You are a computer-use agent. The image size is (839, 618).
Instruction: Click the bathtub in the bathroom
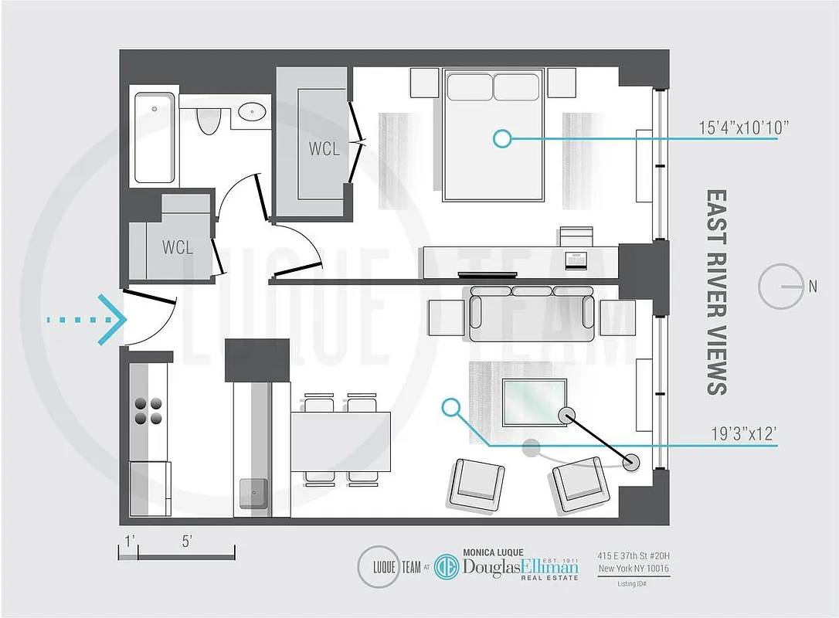[x=155, y=138]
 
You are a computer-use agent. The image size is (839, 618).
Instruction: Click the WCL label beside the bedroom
[x=324, y=149]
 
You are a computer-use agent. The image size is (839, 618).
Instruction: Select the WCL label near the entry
[x=177, y=247]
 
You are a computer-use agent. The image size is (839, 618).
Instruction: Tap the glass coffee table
[x=535, y=402]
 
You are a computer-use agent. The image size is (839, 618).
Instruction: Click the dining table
[x=340, y=441]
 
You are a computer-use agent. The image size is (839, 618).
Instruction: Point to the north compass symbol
[x=782, y=287]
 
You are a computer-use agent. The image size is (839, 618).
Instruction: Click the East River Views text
[x=717, y=292]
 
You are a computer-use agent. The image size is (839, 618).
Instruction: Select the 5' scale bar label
[x=186, y=542]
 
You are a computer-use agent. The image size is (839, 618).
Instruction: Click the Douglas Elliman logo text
[x=520, y=567]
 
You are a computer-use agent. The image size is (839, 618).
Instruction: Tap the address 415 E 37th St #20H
[x=633, y=555]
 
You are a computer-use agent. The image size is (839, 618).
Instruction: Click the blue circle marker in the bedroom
[x=502, y=138]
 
